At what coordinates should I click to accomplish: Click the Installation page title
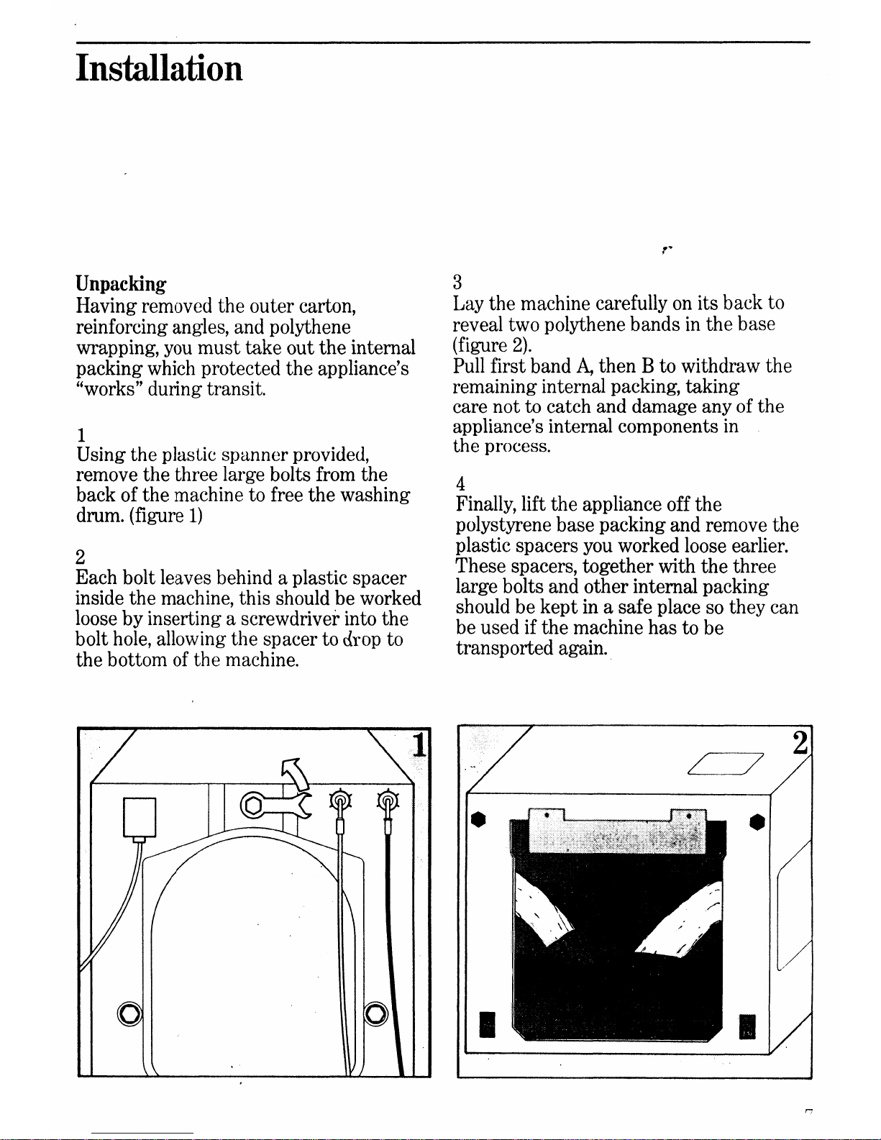click(159, 69)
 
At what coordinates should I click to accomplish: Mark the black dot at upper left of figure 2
click(475, 821)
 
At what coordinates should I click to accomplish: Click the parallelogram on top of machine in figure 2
click(724, 763)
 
